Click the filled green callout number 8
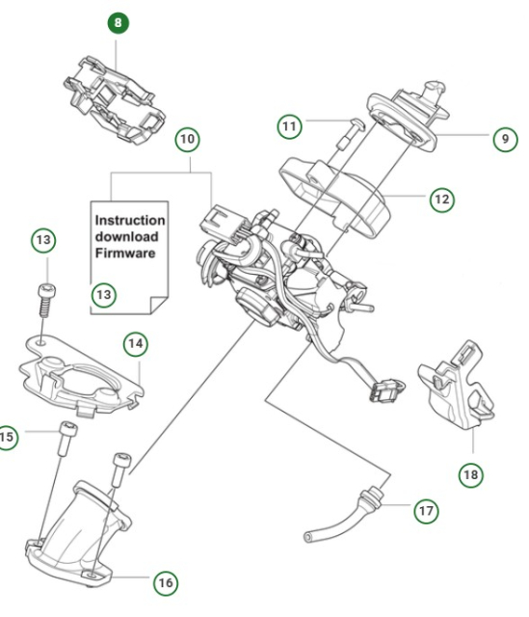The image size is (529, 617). pyautogui.click(x=118, y=22)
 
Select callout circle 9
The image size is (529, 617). pyautogui.click(x=503, y=139)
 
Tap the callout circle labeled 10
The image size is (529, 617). pyautogui.click(x=188, y=140)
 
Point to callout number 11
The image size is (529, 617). pyautogui.click(x=291, y=126)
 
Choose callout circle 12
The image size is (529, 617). pyautogui.click(x=441, y=201)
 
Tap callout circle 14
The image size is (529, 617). pyautogui.click(x=137, y=343)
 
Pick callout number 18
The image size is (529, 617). pyautogui.click(x=471, y=474)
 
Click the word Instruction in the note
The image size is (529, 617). pyautogui.click(x=130, y=220)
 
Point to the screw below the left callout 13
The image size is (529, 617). pyautogui.click(x=44, y=298)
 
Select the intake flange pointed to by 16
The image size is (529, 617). pyautogui.click(x=77, y=535)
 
